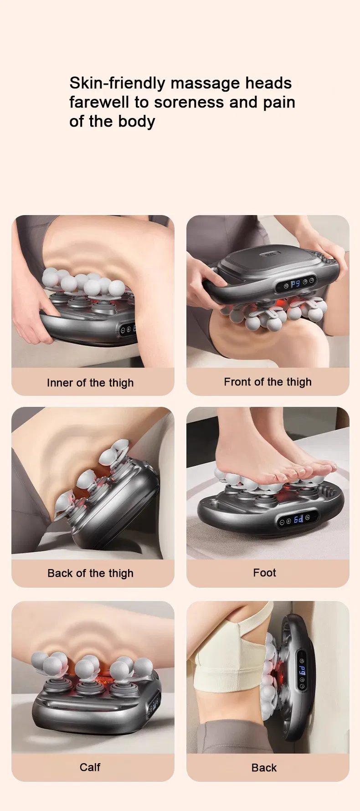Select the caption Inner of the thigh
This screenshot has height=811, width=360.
click(90, 383)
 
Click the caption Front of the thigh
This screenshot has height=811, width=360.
click(267, 382)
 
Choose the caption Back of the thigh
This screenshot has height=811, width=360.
click(90, 573)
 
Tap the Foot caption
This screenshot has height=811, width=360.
click(264, 573)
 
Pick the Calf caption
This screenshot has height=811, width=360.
click(90, 767)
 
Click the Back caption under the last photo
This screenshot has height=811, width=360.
click(264, 768)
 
